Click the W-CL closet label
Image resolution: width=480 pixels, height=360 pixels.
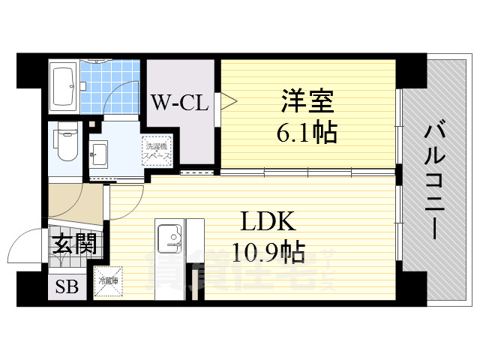coord(180,103)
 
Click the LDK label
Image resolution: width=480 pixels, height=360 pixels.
coord(268,221)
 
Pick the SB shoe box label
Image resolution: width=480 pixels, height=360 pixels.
coord(67,287)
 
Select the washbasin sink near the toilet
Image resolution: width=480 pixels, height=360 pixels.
coord(98,156)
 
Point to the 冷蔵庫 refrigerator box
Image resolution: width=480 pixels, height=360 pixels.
coord(106,283)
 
